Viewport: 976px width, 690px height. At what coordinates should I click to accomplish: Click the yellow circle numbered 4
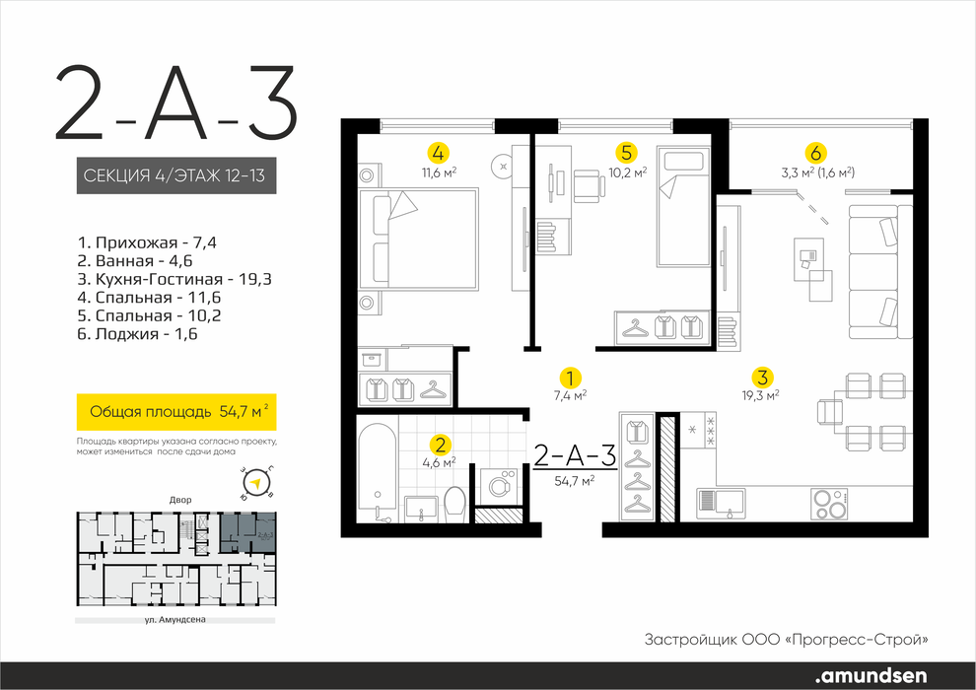coord(439,153)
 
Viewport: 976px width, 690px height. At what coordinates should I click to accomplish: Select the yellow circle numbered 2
coord(441,445)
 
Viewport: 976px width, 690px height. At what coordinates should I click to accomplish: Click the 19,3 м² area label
coord(762,394)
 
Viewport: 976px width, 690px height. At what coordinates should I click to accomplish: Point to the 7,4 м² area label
coord(570,394)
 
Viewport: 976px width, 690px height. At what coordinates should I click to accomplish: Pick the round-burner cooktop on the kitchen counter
coord(830,504)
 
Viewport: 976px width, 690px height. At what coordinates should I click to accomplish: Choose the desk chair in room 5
coord(589,186)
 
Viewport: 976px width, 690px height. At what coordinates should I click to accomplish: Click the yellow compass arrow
coord(254,482)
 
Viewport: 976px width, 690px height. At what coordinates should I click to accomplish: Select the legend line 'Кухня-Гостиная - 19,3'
coord(174,279)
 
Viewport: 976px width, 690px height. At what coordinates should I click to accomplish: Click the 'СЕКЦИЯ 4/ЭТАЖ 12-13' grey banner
coord(176,175)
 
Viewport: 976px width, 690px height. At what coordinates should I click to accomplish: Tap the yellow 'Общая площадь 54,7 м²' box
coord(176,412)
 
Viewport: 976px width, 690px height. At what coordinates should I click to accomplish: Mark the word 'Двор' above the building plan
coord(180,500)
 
